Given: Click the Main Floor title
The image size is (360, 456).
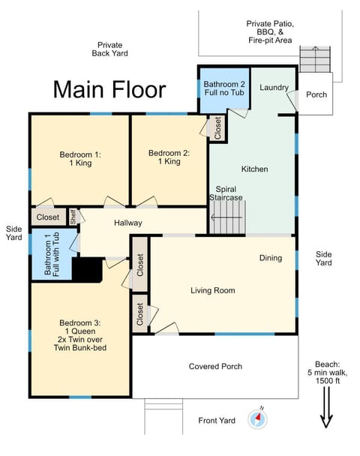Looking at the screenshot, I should [109, 89].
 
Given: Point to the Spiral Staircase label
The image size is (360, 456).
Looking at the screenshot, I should [229, 193].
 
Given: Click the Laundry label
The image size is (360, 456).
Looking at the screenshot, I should [274, 88].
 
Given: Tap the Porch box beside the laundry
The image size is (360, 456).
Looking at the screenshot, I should [316, 95].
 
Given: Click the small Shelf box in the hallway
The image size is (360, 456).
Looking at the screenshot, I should [73, 217].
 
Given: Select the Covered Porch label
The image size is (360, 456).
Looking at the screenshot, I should [216, 366].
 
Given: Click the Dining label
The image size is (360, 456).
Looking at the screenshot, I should [271, 258].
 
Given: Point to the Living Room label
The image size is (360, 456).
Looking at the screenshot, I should [212, 290].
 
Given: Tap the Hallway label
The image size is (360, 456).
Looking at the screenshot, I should [128, 223].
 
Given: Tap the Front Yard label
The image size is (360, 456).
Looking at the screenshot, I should [217, 420].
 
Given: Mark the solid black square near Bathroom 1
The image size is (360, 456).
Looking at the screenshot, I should [90, 270].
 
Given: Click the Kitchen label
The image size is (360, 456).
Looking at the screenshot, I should [254, 169].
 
